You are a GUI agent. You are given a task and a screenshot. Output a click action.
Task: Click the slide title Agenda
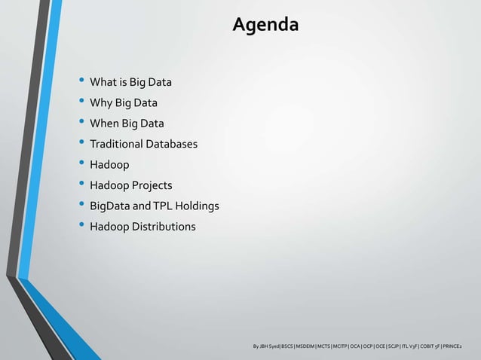(265, 25)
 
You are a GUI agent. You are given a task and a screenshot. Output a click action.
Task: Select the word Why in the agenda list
(101, 103)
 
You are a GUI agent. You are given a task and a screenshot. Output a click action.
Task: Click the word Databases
(173, 144)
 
